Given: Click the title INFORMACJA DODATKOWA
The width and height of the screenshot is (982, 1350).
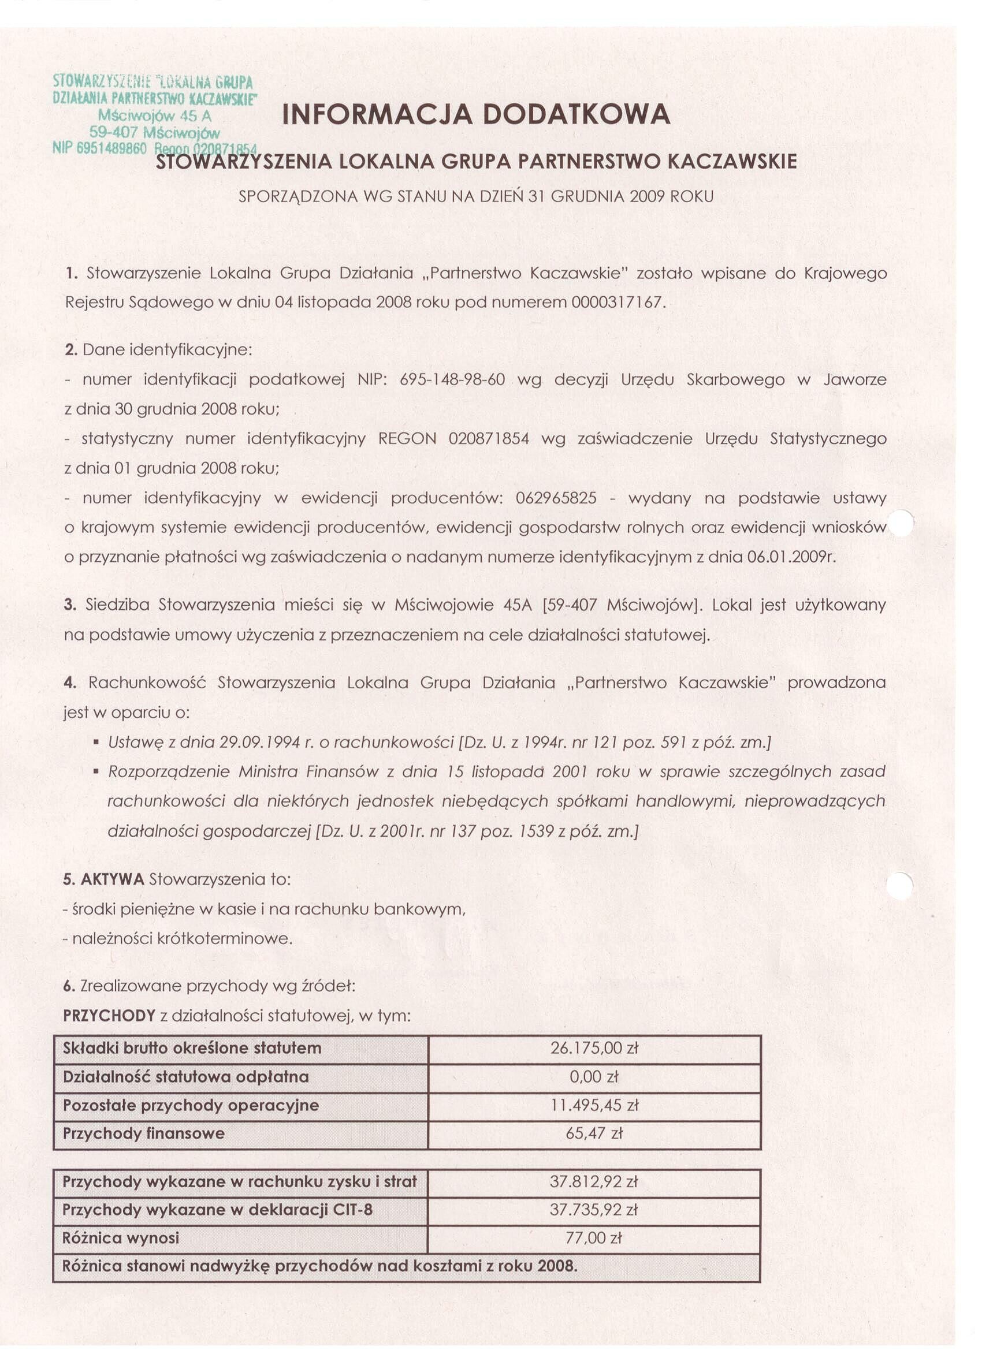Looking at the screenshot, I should [476, 114].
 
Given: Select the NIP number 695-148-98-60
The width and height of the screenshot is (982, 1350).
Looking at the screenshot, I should [453, 379].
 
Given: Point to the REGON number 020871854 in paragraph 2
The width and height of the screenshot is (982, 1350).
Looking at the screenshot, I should [489, 439].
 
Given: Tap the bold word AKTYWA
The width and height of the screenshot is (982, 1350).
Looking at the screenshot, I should [113, 879].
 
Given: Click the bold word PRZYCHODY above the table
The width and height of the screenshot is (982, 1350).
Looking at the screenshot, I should [109, 1016].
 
